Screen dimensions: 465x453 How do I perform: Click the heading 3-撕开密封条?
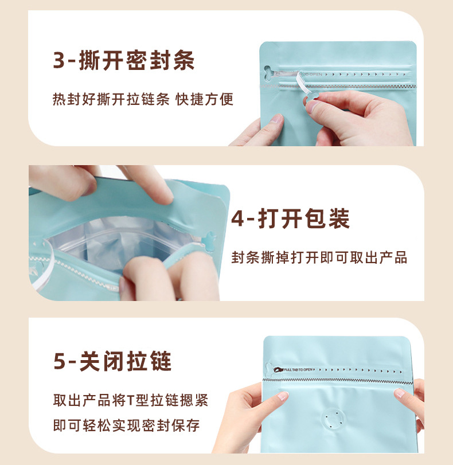coord(124,60)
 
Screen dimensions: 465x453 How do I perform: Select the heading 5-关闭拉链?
coord(112,362)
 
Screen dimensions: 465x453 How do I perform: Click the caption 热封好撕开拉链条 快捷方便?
coord(143,99)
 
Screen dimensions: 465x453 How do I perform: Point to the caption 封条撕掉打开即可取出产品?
coord(319,257)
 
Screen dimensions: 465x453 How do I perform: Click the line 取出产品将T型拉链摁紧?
coord(130,400)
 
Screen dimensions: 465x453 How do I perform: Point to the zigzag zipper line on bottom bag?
coord(344,380)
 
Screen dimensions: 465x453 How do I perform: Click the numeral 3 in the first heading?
coord(59,61)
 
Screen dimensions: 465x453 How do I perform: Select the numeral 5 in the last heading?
coord(60,362)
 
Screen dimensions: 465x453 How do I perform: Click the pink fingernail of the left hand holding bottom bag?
coord(283,396)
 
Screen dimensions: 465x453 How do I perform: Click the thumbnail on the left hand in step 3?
coord(276,119)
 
